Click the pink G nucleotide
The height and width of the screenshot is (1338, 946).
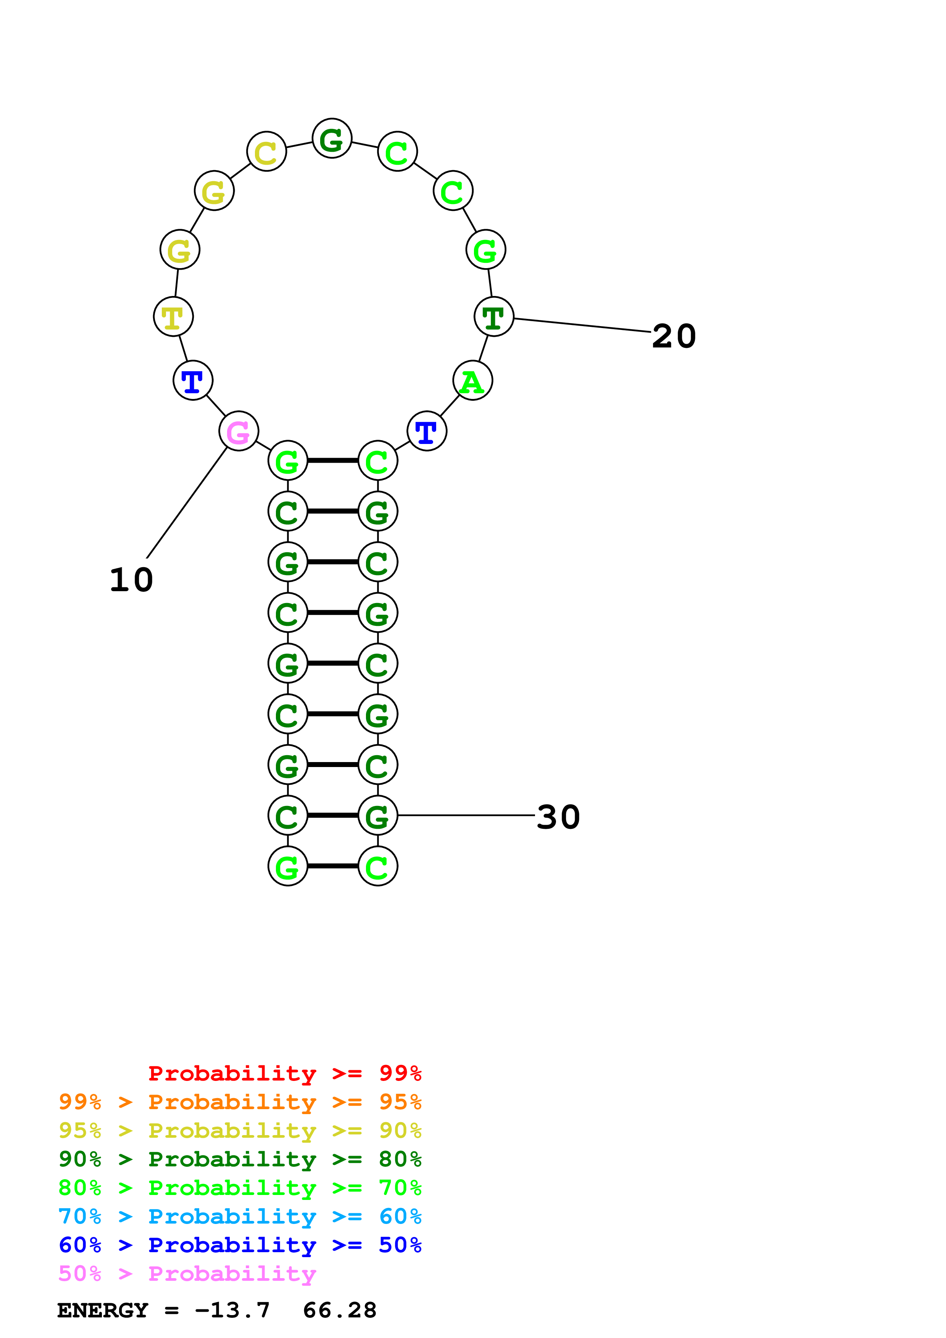pyautogui.click(x=239, y=431)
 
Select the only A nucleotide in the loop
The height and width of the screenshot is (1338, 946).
pyautogui.click(x=472, y=381)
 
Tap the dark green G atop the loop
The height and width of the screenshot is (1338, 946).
pyautogui.click(x=332, y=139)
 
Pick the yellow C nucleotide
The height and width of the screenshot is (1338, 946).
pyautogui.click(x=266, y=152)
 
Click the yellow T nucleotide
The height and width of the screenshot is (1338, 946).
pyautogui.click(x=173, y=317)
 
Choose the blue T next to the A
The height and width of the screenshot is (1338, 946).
pyautogui.click(x=427, y=431)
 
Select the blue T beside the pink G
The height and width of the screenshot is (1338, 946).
pyautogui.click(x=193, y=381)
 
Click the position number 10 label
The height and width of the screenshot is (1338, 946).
pyautogui.click(x=131, y=580)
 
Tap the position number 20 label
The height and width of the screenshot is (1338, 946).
pyautogui.click(x=674, y=336)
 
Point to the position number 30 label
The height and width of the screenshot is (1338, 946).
pyautogui.click(x=558, y=817)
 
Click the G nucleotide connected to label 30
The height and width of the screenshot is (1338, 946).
pyautogui.click(x=378, y=815)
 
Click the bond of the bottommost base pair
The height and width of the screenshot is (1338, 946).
pyautogui.click(x=332, y=866)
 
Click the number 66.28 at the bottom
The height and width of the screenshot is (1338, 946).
pyautogui.click(x=340, y=1310)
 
